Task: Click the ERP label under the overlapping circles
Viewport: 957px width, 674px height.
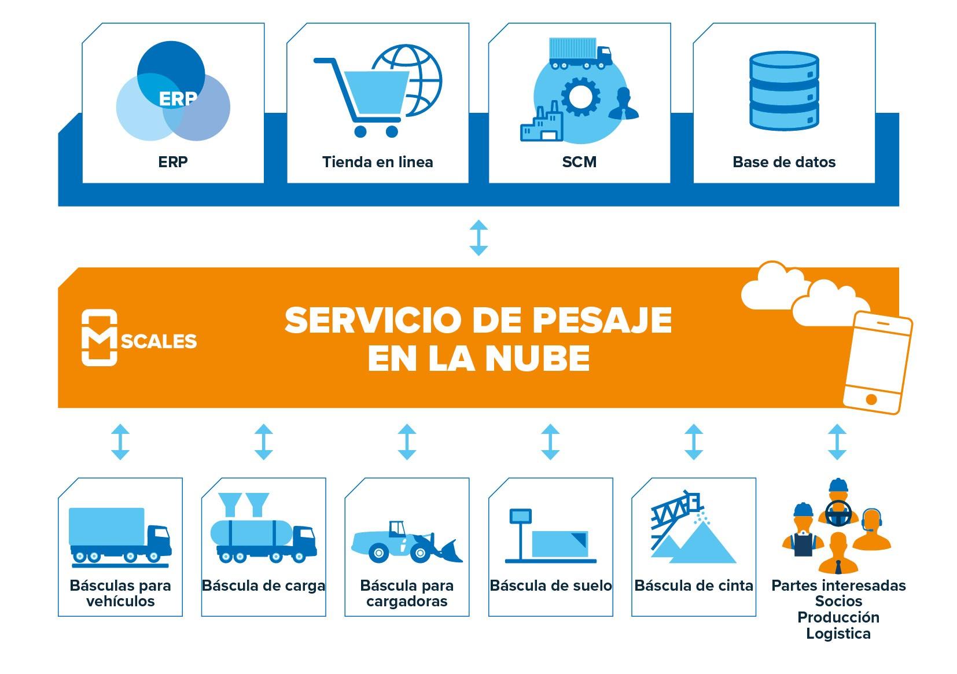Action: click(172, 162)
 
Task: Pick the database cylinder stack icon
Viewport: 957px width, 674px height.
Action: click(784, 91)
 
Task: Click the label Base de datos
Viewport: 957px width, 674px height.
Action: click(784, 162)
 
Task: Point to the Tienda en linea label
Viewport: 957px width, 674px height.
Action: click(377, 162)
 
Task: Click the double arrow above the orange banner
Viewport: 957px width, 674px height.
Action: click(478, 237)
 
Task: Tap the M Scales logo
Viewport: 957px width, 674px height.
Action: click(139, 338)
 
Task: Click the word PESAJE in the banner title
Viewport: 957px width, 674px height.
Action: click(602, 320)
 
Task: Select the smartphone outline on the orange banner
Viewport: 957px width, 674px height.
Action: click(877, 363)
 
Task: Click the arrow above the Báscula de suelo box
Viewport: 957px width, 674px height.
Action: click(550, 441)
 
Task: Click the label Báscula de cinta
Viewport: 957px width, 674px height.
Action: click(693, 585)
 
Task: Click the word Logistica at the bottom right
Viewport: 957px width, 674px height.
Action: click(838, 634)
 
